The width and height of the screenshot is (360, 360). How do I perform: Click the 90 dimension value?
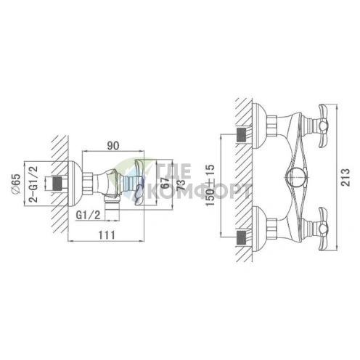tap(113, 146)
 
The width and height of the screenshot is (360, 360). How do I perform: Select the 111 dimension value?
tap(107, 234)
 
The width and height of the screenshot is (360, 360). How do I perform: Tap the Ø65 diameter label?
tap(17, 184)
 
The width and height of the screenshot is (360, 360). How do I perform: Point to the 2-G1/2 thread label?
tap(33, 184)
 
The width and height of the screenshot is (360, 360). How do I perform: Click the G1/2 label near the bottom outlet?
tap(88, 215)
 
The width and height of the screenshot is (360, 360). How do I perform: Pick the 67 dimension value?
tap(165, 183)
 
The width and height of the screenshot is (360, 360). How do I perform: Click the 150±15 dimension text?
tap(210, 185)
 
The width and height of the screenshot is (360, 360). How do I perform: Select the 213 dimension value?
tap(345, 177)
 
